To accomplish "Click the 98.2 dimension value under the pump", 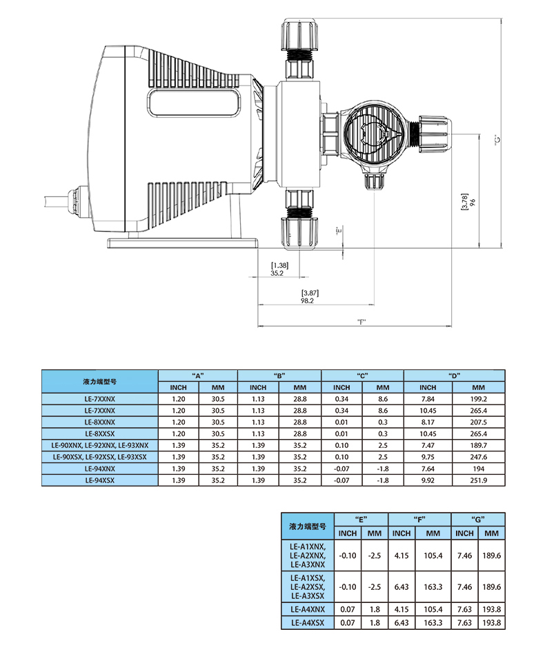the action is [x=307, y=300].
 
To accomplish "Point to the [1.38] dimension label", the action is [x=279, y=265].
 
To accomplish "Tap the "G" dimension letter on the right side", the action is [x=497, y=139].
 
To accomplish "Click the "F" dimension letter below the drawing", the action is [x=361, y=322].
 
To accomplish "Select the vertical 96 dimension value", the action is [x=473, y=202].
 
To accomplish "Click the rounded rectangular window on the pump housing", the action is [x=195, y=102].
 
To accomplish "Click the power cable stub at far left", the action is [x=56, y=201].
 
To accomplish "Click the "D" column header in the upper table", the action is [x=454, y=376].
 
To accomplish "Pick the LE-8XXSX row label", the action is [x=100, y=434].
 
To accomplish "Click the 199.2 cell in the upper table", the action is [x=478, y=399].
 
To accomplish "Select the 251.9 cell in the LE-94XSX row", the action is [x=478, y=480].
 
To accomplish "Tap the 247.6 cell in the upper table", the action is [x=478, y=457].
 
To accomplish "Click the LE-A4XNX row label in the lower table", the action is [x=308, y=609].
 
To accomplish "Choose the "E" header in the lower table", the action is [x=361, y=519].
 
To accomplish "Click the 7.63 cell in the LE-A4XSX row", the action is [x=464, y=623].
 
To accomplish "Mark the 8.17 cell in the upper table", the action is [x=428, y=422].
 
